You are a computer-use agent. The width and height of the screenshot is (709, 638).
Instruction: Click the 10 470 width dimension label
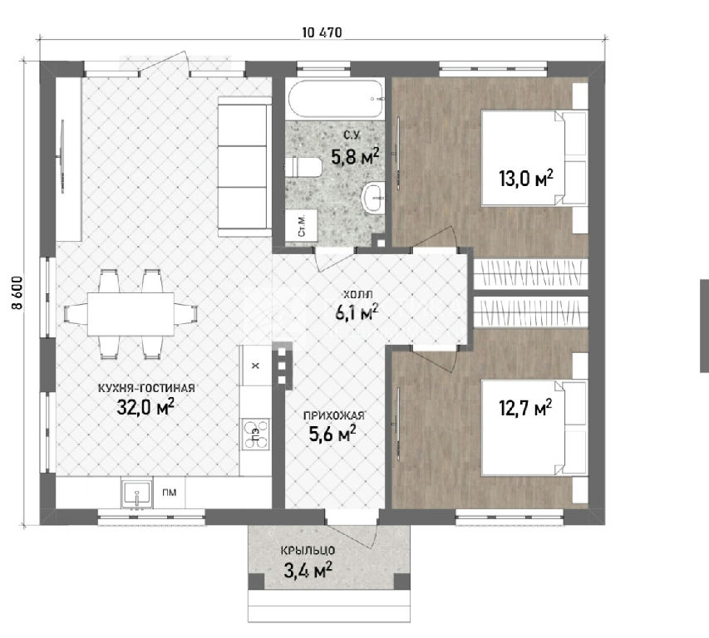322,32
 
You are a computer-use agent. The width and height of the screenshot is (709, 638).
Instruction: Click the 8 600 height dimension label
17,292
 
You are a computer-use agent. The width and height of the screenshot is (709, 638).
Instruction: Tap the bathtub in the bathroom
336,100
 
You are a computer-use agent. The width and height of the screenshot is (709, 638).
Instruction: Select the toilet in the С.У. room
303,167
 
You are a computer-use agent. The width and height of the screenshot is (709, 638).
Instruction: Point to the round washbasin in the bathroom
373,197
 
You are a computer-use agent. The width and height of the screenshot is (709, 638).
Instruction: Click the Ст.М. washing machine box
303,225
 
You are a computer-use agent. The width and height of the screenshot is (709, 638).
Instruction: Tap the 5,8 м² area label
355,156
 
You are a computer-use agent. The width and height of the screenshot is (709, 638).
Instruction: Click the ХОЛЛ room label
358,295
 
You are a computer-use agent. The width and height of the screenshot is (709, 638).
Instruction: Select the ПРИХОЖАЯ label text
333,415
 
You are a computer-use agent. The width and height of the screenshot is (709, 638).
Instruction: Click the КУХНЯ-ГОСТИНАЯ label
146,388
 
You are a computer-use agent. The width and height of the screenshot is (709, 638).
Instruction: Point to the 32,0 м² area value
145,407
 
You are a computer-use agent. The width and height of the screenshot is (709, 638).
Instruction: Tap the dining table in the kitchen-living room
130,314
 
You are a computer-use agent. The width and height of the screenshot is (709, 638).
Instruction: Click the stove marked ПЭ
256,434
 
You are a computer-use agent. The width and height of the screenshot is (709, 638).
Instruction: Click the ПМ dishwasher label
169,493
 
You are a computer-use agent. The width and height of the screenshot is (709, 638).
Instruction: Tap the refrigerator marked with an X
255,366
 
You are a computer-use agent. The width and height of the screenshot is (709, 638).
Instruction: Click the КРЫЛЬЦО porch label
308,551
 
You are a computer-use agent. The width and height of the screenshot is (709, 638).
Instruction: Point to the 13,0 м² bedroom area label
526,178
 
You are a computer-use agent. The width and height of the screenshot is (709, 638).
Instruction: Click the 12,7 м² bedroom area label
525,408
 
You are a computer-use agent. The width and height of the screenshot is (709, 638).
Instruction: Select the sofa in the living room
244,166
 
